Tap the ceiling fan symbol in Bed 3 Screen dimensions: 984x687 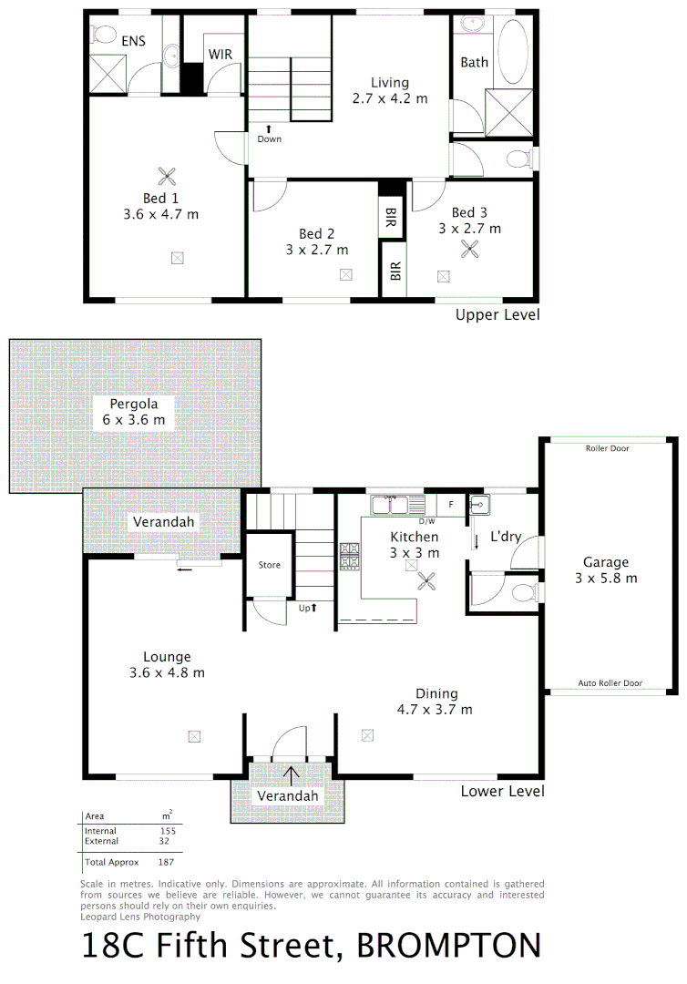coord(471,251)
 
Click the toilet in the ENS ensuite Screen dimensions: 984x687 coord(103,35)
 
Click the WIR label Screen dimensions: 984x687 coord(220,55)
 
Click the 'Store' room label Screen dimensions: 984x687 coord(270,565)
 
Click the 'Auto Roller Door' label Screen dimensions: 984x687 coord(610,683)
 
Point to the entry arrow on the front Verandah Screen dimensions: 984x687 coord(292,775)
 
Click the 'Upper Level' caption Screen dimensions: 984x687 coord(497,314)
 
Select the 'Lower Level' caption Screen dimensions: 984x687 coord(502,791)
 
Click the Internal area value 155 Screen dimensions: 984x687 coord(167,831)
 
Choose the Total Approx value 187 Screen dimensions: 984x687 coord(165,861)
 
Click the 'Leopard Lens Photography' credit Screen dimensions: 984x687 coord(140,917)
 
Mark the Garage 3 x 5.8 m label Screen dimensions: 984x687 coord(606,570)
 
